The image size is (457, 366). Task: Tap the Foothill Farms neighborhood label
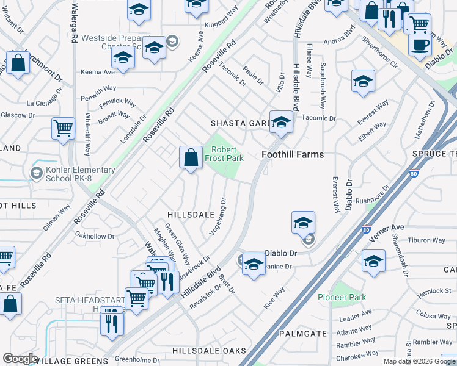tap(293, 154)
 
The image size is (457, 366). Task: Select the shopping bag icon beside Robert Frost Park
tap(191, 157)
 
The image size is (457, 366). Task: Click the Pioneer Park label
tap(342, 297)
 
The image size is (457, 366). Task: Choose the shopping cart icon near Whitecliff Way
tap(63, 129)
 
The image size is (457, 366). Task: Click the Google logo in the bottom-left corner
tap(20, 358)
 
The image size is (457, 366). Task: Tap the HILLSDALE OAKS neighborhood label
tap(209, 351)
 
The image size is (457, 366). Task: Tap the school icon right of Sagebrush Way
tap(363, 81)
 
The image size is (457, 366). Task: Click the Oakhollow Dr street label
tap(94, 236)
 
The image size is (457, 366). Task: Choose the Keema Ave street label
tap(98, 72)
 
